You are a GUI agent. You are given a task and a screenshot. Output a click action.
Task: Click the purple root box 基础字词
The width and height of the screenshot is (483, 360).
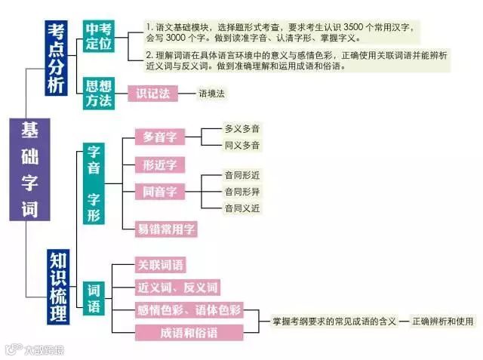[29, 169]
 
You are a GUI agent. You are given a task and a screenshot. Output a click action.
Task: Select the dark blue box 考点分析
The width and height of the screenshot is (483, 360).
[57, 59]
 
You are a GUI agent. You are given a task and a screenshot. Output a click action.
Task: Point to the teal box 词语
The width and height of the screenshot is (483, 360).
[94, 297]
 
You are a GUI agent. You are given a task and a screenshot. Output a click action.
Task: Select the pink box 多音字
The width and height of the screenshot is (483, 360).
[160, 136]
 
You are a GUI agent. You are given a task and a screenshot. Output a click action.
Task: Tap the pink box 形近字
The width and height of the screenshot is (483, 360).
[160, 165]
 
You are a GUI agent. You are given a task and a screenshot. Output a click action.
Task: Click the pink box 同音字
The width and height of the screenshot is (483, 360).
[160, 192]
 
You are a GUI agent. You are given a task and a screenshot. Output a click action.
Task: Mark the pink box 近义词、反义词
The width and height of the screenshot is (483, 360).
[177, 288]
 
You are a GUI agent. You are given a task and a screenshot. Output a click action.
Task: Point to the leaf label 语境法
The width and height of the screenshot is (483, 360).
[211, 94]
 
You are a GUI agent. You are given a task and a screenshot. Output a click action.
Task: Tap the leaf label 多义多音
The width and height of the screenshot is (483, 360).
[241, 129]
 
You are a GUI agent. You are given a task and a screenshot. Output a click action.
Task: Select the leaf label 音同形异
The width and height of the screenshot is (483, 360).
[241, 191]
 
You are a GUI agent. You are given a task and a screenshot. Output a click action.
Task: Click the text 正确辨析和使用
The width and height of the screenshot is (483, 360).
[443, 321]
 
